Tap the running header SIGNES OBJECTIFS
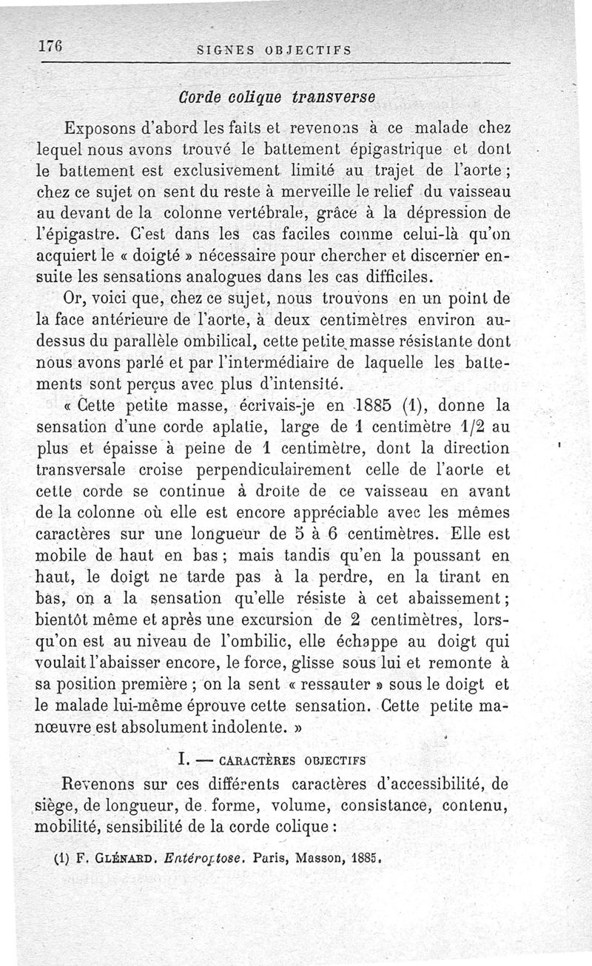click(272, 51)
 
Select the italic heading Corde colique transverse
click(276, 97)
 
